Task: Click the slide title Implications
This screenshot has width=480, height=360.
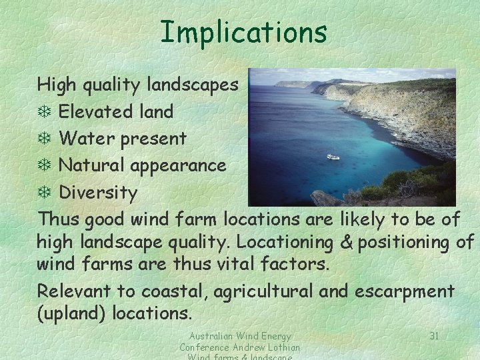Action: click(x=243, y=31)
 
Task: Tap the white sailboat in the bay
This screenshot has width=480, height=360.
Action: click(x=333, y=156)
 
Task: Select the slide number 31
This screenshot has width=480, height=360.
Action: click(x=434, y=335)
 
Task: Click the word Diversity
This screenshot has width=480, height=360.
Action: click(x=99, y=193)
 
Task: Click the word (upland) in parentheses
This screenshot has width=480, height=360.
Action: click(x=71, y=312)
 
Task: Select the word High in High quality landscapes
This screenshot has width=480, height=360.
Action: click(x=56, y=85)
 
